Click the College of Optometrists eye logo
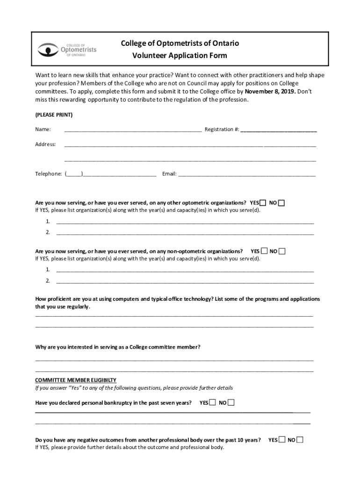[x=47, y=49]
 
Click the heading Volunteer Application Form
[x=180, y=56]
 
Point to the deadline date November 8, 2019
[x=270, y=92]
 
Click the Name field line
[x=133, y=130]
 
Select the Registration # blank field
[x=279, y=130]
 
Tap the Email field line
[x=246, y=174]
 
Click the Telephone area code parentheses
[x=74, y=174]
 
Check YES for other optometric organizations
[x=263, y=203]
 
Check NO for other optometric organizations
[x=281, y=203]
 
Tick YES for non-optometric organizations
[x=264, y=251]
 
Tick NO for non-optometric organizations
[x=282, y=251]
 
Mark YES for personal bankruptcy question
[x=213, y=402]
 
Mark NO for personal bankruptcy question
[x=231, y=402]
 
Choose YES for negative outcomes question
[x=281, y=440]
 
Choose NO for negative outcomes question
[x=300, y=440]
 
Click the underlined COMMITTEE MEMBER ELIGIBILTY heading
[x=76, y=380]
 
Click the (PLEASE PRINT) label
[x=54, y=115]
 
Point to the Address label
[x=45, y=144]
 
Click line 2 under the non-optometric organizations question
[x=185, y=281]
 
